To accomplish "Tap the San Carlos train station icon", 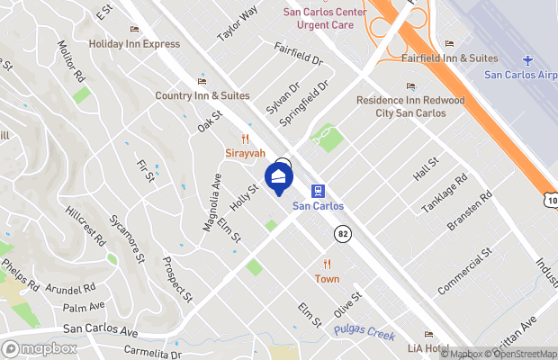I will (x=318, y=190).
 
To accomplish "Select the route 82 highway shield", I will (x=343, y=233).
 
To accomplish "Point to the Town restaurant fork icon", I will (x=327, y=264).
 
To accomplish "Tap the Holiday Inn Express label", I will (x=134, y=43).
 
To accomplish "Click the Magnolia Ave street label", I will (x=211, y=202).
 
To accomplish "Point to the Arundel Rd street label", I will (x=72, y=289).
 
